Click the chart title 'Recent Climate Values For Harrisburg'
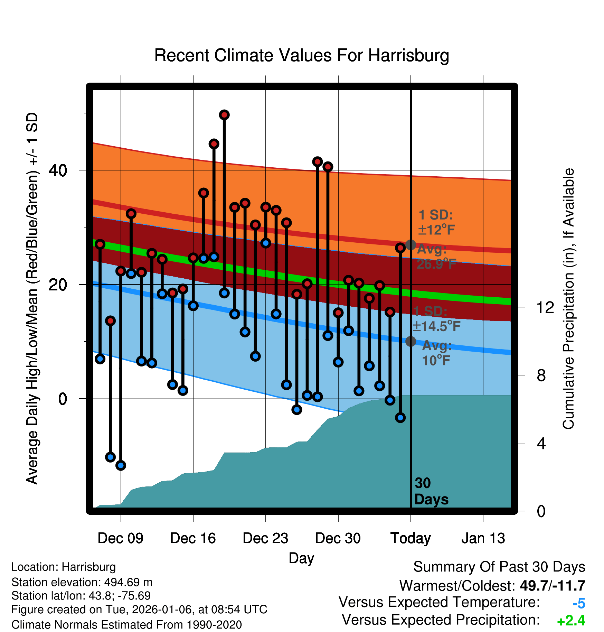coord(301,55)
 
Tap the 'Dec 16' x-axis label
coord(193,538)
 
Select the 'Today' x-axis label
coord(410,538)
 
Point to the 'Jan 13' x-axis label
coord(483,538)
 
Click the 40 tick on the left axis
coord(58,170)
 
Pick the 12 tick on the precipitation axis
coord(545,307)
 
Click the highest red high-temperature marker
coord(224,115)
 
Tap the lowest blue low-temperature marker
coord(121,465)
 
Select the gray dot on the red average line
coord(410,245)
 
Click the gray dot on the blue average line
coord(410,341)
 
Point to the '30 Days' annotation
coord(431,491)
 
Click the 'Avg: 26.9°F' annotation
coord(436,257)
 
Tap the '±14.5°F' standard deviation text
coord(436,326)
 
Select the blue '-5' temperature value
coord(579,604)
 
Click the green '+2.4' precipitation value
coord(571,621)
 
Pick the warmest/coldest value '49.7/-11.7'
coord(552,586)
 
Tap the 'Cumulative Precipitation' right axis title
coord(568,299)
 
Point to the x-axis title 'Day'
coord(301,558)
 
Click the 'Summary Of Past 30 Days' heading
coord(499,567)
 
